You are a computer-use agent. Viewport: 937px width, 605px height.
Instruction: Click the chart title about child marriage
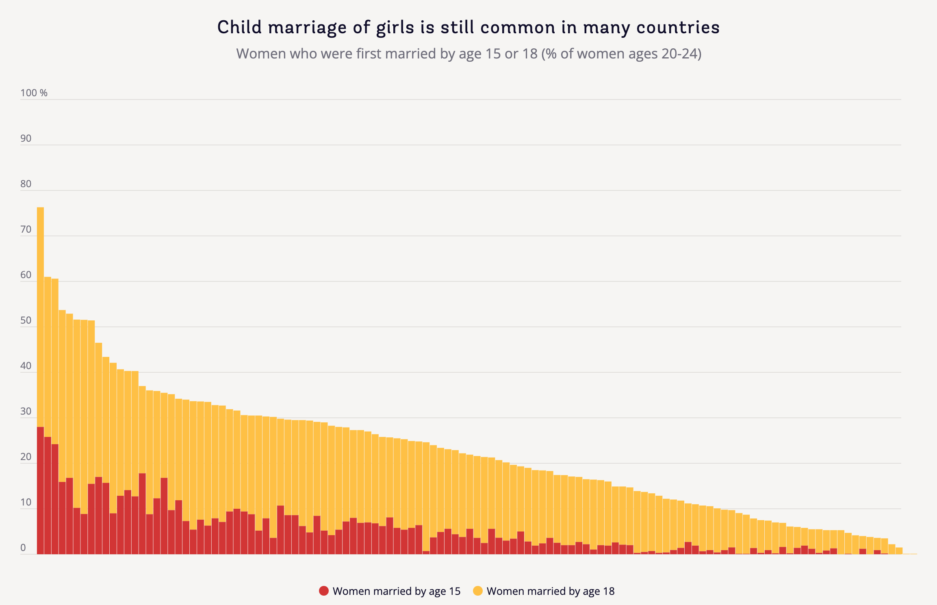[x=468, y=28]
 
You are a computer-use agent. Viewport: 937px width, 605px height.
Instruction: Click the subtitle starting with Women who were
[x=468, y=54]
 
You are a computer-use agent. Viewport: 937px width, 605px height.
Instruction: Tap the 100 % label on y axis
[x=34, y=93]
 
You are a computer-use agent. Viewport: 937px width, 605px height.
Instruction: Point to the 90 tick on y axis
[x=26, y=138]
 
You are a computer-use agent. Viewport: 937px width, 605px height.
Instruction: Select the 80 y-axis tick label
[x=26, y=184]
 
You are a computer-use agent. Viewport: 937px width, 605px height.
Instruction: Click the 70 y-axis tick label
[x=26, y=229]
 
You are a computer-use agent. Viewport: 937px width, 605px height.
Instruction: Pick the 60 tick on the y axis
[x=26, y=275]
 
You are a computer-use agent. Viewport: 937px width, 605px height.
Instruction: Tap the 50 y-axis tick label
[x=26, y=320]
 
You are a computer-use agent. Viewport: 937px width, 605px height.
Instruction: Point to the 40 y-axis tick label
[x=26, y=366]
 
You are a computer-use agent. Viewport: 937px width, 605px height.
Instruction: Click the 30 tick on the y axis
[x=26, y=411]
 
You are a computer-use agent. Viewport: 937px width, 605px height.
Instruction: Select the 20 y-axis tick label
[x=26, y=457]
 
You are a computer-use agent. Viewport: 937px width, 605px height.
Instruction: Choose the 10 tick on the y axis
[x=26, y=502]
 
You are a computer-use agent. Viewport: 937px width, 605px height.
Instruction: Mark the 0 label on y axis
[x=23, y=548]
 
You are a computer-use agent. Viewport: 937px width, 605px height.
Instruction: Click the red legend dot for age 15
[x=324, y=591]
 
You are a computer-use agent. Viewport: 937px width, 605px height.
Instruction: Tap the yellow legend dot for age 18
[x=478, y=591]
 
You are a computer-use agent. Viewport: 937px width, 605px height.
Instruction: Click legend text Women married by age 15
[x=396, y=591]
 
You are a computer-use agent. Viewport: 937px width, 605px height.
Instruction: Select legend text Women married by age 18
[x=550, y=591]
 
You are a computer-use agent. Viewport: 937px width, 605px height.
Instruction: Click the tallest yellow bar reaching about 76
[x=40, y=317]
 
